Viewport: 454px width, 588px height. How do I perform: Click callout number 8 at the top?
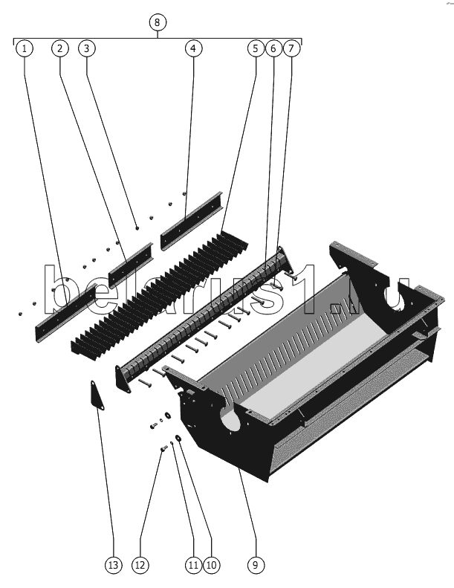point(157,22)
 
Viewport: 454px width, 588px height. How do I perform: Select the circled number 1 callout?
point(25,48)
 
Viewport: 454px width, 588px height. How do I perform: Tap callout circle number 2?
point(60,48)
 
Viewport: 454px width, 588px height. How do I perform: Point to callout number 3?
point(87,48)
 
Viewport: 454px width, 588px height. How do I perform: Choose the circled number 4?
point(193,48)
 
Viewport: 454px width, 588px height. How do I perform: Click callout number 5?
point(256,48)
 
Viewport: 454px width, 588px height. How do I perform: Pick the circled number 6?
point(273,48)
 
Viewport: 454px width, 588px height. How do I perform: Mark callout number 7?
point(292,48)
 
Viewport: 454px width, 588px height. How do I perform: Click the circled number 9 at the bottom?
point(256,565)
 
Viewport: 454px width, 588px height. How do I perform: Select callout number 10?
point(212,565)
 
